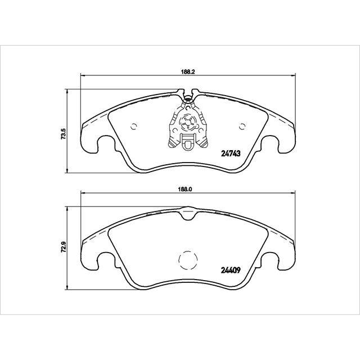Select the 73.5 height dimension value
pyautogui.click(x=64, y=135)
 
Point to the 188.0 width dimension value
pyautogui.click(x=186, y=190)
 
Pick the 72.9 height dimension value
pyautogui.click(x=64, y=246)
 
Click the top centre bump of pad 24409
pyautogui.click(x=187, y=212)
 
